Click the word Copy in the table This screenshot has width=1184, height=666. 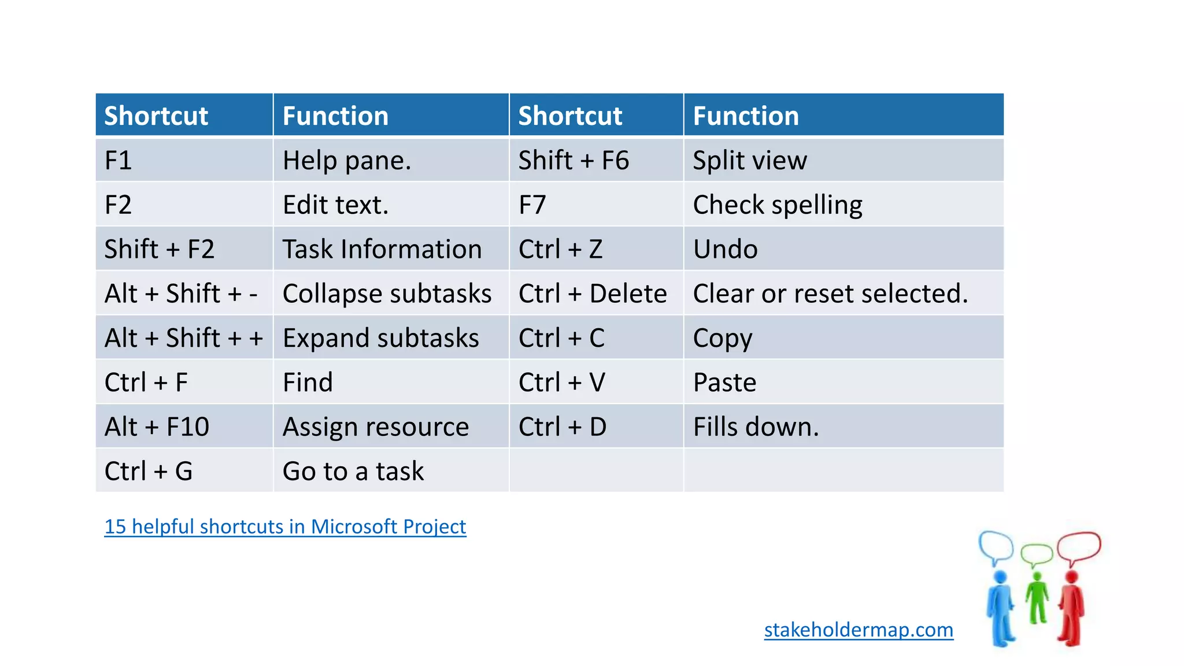coord(722,338)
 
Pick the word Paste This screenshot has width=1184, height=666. coord(724,383)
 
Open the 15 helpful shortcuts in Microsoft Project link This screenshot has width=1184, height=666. coord(285,527)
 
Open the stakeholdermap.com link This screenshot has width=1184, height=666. coord(859,630)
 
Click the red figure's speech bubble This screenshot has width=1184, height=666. coord(1079,546)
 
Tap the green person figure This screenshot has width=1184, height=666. coord(1037,598)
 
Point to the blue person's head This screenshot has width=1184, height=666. coord(1000,577)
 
